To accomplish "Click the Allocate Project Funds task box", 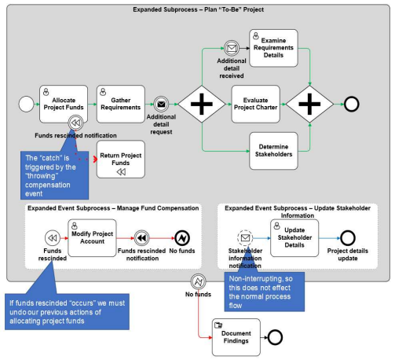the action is pyautogui.click(x=64, y=104).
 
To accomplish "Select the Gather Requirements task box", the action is pyautogui.click(x=121, y=104).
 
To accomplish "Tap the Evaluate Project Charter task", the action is pyautogui.click(x=256, y=104).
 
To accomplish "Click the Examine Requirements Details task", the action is pyautogui.click(x=273, y=48).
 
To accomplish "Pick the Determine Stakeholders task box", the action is pyautogui.click(x=273, y=151).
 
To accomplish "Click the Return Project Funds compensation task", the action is pyautogui.click(x=121, y=160).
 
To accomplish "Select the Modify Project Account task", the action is pyautogui.click(x=92, y=238).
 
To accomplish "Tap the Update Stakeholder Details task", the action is pyautogui.click(x=294, y=238).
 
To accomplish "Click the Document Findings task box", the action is pyautogui.click(x=236, y=337).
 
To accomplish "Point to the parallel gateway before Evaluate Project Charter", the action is pyautogui.click(x=202, y=104).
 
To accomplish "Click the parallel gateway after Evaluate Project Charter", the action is pyautogui.click(x=309, y=104).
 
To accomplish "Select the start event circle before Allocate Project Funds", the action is pyautogui.click(x=26, y=104).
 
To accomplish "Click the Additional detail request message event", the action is pyautogui.click(x=161, y=105).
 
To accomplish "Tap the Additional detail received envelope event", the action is pyautogui.click(x=232, y=48).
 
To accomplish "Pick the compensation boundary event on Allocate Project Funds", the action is pyautogui.click(x=75, y=123).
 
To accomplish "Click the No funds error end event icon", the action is pyautogui.click(x=182, y=238).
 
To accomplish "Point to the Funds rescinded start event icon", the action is pyautogui.click(x=53, y=238).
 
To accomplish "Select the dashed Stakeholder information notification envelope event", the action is pyautogui.click(x=245, y=238).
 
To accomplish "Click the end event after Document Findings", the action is pyautogui.click(x=275, y=337).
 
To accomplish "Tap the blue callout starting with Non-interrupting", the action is pyautogui.click(x=265, y=292).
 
